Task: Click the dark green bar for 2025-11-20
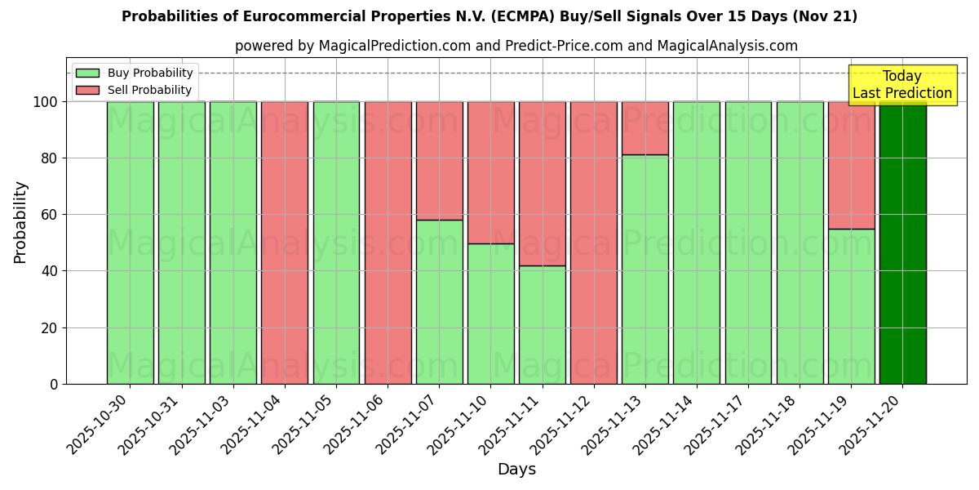coord(902,243)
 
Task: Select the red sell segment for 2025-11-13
coord(645,127)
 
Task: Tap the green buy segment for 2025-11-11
coord(542,324)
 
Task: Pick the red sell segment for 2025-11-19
coord(851,165)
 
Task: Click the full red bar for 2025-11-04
coord(284,243)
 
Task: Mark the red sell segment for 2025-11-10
coord(490,172)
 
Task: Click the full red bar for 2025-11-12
coord(593,243)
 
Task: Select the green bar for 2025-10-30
coord(130,243)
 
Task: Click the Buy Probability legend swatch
coord(87,73)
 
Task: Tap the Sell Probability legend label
coord(149,90)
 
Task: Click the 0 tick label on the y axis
coord(54,384)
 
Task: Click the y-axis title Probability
coord(20,222)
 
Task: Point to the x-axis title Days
coord(516,470)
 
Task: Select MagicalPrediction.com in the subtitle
coord(395,46)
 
